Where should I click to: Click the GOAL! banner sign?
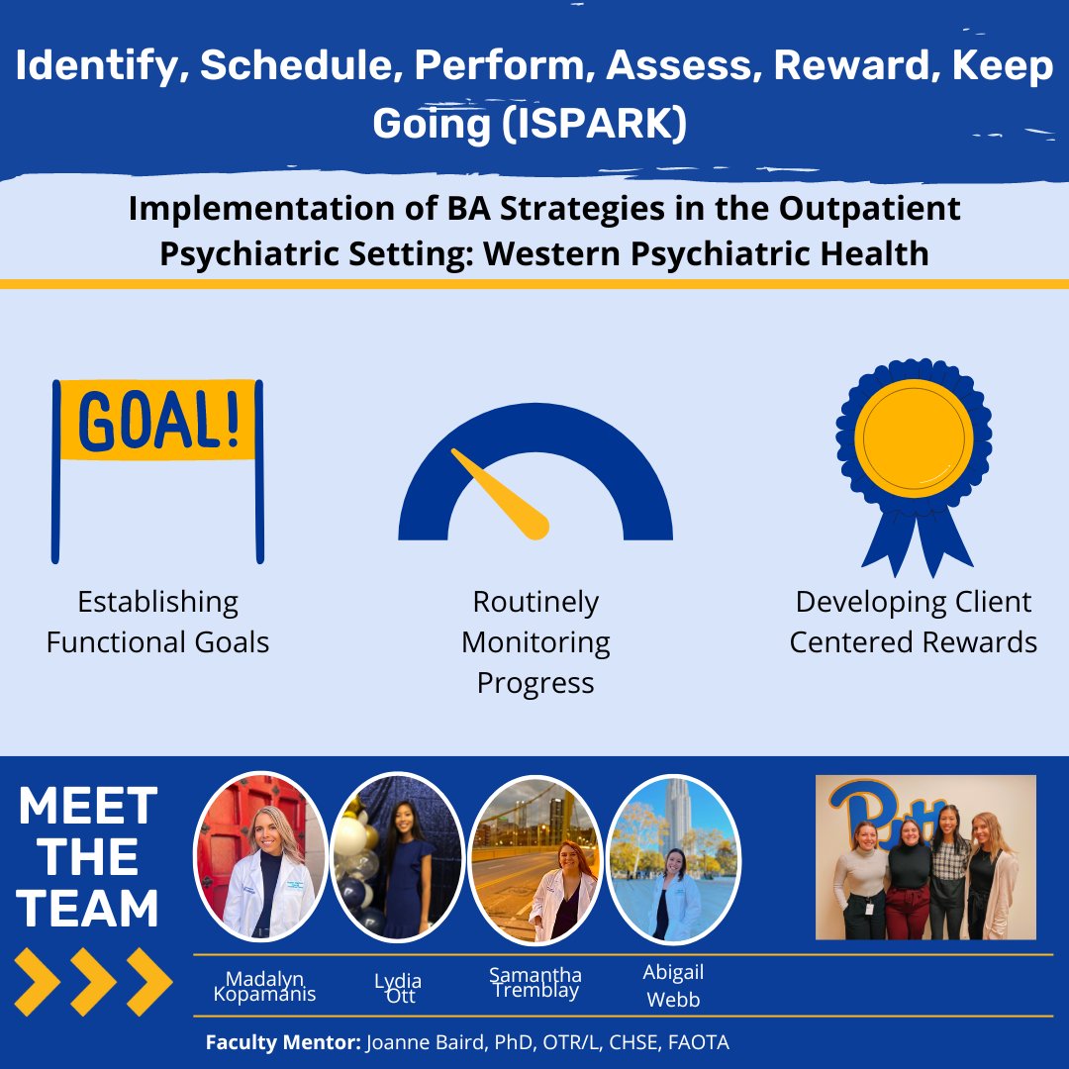(x=158, y=421)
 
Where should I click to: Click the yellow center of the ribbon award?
(x=913, y=435)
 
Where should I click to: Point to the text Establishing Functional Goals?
(x=158, y=623)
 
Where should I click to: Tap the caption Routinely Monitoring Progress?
(x=535, y=642)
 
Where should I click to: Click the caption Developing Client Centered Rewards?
(x=913, y=623)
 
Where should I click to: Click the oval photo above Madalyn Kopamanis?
(x=260, y=857)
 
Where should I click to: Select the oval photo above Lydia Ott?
(x=398, y=857)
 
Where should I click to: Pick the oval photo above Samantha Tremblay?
(x=534, y=857)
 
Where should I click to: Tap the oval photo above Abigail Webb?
(x=672, y=857)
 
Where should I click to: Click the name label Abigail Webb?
(x=673, y=986)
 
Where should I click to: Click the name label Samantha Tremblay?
(x=534, y=983)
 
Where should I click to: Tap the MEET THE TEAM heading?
(x=89, y=857)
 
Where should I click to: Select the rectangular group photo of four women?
(x=925, y=857)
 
